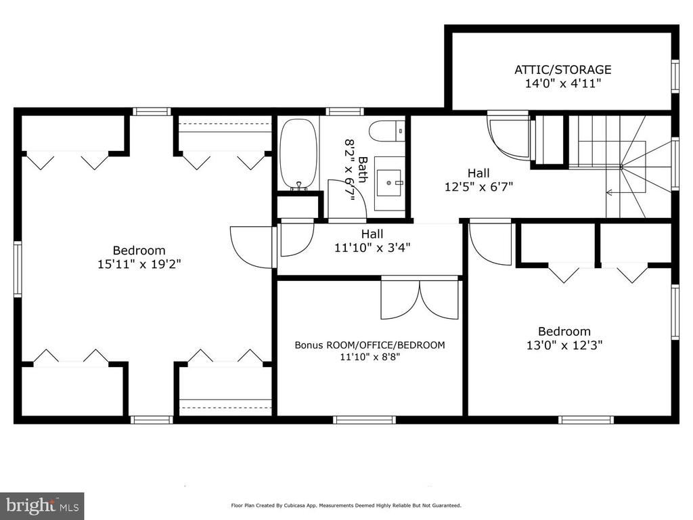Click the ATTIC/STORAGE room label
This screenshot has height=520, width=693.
[562, 70]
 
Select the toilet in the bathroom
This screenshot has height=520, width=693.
[387, 131]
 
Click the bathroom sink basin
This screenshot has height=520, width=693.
[389, 183]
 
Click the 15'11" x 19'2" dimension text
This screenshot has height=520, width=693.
[139, 265]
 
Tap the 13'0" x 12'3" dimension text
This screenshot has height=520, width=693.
[564, 345]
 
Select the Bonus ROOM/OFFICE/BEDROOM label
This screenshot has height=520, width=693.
[370, 345]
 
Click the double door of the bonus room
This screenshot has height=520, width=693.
[420, 298]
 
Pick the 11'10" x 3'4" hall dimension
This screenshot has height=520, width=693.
[372, 248]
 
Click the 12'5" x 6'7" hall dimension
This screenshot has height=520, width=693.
[478, 187]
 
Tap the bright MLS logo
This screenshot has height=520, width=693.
[42, 505]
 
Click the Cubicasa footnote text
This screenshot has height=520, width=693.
[346, 505]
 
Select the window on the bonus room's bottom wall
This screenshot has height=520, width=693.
[364, 420]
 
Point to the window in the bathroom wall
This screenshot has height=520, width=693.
[342, 112]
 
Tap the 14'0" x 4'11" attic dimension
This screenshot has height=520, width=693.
[562, 83]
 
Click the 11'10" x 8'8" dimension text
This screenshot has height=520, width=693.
[370, 357]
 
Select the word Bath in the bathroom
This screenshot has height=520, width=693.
[363, 169]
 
